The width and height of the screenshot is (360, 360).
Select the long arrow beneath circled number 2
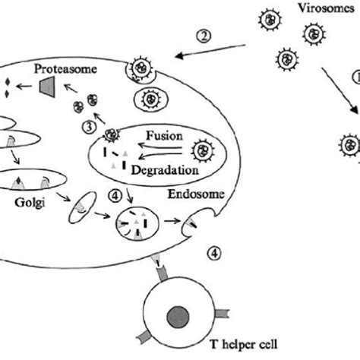click(207, 52)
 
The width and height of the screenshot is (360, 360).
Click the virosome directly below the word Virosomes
click(314, 33)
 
